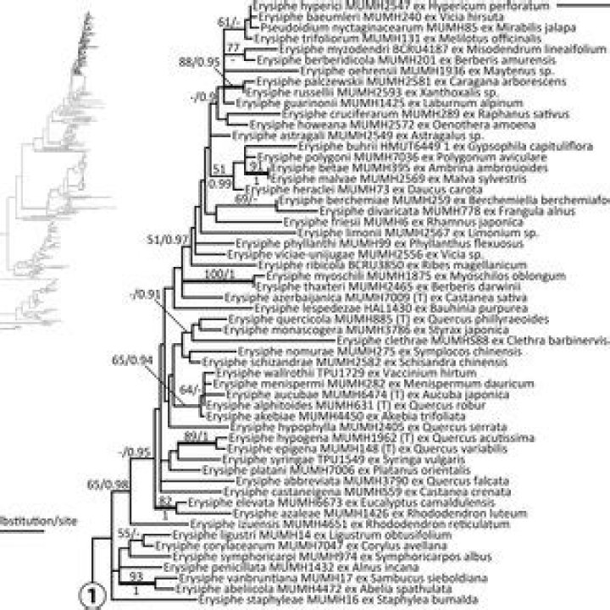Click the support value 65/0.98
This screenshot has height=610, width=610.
[x=106, y=484]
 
